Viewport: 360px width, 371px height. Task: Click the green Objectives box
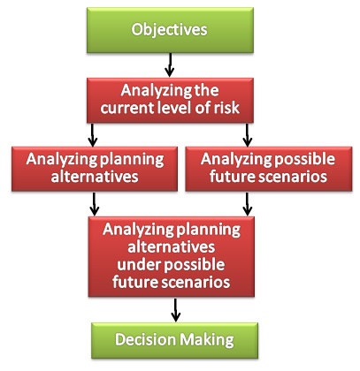click(x=170, y=30)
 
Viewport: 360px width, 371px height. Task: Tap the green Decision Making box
click(x=175, y=340)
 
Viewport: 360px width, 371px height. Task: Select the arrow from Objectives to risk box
click(x=170, y=65)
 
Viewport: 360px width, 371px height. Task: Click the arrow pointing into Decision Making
click(x=175, y=310)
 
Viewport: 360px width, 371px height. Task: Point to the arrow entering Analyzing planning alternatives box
click(x=93, y=135)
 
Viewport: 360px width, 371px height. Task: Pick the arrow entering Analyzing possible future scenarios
click(x=247, y=135)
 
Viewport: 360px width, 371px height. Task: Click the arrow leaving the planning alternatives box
click(x=94, y=204)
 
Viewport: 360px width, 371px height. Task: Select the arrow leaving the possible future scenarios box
click(x=247, y=204)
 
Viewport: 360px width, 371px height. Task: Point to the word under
click(x=138, y=264)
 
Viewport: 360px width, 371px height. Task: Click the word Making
click(x=207, y=341)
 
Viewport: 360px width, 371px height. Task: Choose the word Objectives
click(x=169, y=30)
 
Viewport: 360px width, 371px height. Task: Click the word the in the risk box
click(x=207, y=90)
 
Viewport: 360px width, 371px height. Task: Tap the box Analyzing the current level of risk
click(x=170, y=100)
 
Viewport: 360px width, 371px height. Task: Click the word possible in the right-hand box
click(x=305, y=160)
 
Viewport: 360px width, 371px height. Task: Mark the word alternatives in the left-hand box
click(x=95, y=177)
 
